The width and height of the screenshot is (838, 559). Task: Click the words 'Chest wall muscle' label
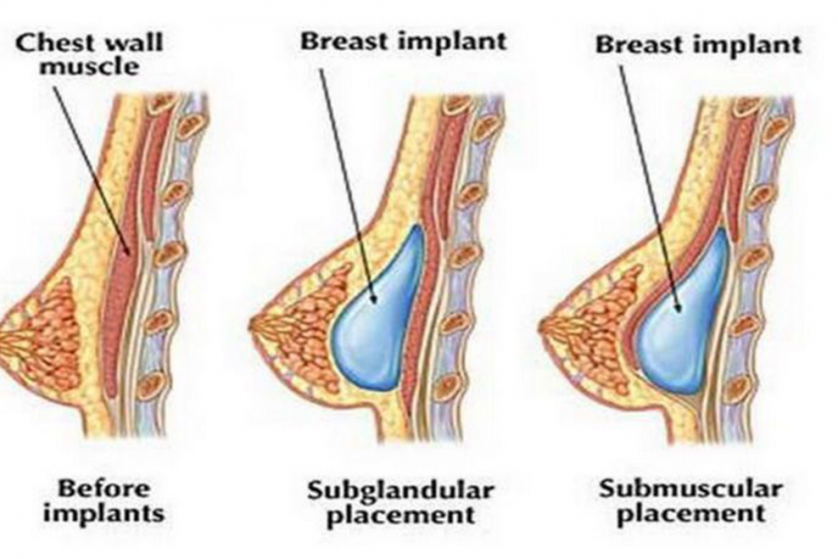pos(88,54)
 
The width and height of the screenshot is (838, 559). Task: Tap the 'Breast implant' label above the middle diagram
pos(403,41)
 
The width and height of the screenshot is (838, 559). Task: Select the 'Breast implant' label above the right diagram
pos(698,44)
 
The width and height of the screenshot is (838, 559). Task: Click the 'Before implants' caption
pos(103,501)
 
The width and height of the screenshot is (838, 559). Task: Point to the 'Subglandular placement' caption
pos(400,503)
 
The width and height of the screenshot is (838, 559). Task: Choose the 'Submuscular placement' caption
pos(691,501)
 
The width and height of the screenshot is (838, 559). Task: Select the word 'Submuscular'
pos(691,488)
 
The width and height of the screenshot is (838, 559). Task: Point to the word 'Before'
pos(103,488)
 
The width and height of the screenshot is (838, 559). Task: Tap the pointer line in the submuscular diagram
pos(649,188)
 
